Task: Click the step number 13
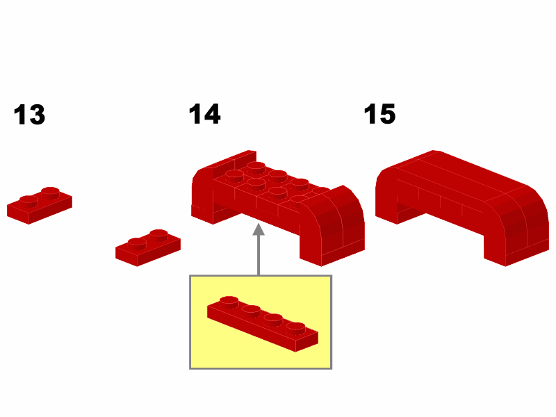pyautogui.click(x=29, y=115)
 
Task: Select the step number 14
pyautogui.click(x=204, y=114)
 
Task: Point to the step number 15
pyautogui.click(x=379, y=114)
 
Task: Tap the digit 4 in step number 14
pyautogui.click(x=212, y=114)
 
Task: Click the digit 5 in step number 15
pyautogui.click(x=387, y=114)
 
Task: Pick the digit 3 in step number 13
pyautogui.click(x=37, y=115)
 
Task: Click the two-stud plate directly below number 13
pyautogui.click(x=40, y=206)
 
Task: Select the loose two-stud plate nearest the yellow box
pyautogui.click(x=148, y=248)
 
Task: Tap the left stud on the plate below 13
pyautogui.click(x=28, y=202)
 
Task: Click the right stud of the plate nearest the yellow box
pyautogui.click(x=158, y=235)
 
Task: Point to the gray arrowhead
pyautogui.click(x=259, y=229)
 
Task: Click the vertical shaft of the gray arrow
pyautogui.click(x=259, y=255)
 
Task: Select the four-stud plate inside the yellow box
pyautogui.click(x=263, y=324)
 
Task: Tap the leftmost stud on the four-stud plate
pyautogui.click(x=229, y=302)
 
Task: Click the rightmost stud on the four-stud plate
pyautogui.click(x=296, y=328)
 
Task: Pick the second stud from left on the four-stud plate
pyautogui.click(x=251, y=311)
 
